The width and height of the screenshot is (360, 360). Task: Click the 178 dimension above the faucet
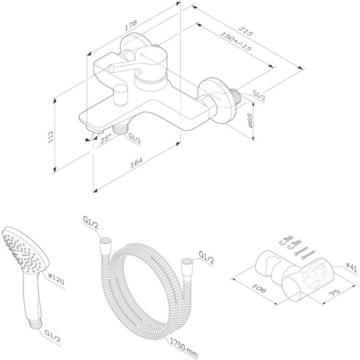coord(132,25)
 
